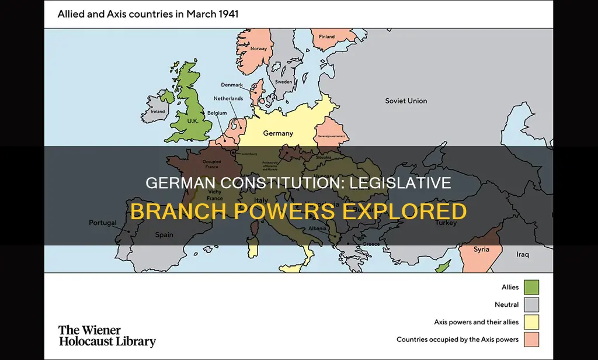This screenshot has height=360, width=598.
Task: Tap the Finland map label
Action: click(327, 36)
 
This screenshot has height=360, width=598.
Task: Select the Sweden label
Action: click(284, 82)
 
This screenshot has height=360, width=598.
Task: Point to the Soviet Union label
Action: click(406, 101)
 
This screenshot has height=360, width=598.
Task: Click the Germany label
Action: click(278, 133)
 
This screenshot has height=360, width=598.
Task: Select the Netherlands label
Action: click(228, 99)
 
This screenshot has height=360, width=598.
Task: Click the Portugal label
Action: click(103, 223)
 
